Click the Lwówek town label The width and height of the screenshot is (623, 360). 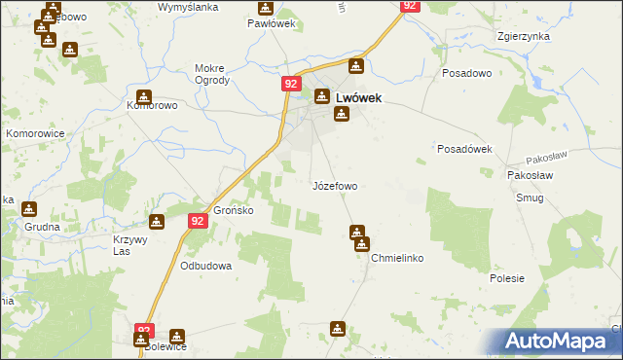tap(357, 97)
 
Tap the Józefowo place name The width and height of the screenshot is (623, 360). tap(334, 185)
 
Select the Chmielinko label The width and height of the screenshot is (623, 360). tap(396, 258)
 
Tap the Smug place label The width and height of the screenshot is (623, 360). tap(531, 198)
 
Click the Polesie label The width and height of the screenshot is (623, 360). tap(507, 278)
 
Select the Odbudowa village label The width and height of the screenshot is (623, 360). tap(205, 265)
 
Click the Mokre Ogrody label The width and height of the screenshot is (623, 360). tap(211, 74)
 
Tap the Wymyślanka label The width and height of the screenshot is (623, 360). tap(188, 7)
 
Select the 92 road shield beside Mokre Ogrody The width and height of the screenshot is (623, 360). tap(291, 85)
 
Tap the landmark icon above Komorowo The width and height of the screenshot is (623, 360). tap(144, 96)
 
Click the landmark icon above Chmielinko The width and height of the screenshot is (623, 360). tap(357, 233)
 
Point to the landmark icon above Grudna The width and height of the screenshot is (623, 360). tap(28, 208)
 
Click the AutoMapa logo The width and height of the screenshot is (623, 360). tap(558, 341)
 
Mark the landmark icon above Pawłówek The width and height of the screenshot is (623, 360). tap(265, 7)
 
